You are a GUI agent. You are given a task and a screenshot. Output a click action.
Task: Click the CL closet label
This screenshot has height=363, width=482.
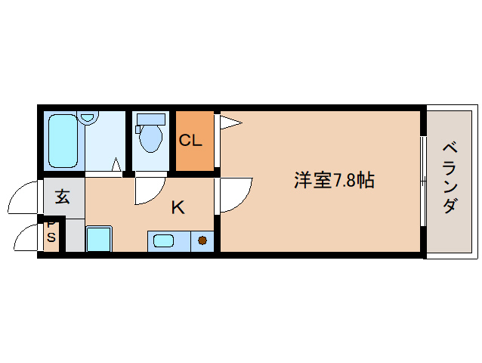pyautogui.click(x=190, y=140)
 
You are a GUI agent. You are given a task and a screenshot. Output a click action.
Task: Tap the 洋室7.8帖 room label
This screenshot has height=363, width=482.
pyautogui.click(x=334, y=180)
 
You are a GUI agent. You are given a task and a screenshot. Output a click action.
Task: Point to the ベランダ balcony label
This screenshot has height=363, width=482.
pyautogui.click(x=450, y=178)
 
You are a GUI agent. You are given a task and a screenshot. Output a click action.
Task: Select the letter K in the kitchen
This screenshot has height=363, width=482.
pyautogui.click(x=178, y=207)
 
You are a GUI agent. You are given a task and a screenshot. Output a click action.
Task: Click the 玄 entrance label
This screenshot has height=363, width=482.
pyautogui.click(x=63, y=197)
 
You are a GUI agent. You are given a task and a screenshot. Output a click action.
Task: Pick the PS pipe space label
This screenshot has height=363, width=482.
pyautogui.click(x=51, y=232)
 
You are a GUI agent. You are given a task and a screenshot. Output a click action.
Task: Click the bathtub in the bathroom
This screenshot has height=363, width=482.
pyautogui.click(x=63, y=141)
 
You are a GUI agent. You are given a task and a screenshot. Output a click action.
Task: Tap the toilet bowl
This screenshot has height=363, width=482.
pyautogui.click(x=150, y=138)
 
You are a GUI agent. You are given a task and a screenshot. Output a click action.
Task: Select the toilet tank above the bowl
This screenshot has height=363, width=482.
pyautogui.click(x=151, y=119)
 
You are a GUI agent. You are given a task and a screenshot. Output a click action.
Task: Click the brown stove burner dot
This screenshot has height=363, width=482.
pyautogui.click(x=202, y=240)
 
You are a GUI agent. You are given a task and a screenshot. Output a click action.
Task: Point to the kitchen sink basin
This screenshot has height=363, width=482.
pyautogui.click(x=163, y=240)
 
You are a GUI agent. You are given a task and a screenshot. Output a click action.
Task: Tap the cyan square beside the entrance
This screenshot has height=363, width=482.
pyautogui.click(x=99, y=239)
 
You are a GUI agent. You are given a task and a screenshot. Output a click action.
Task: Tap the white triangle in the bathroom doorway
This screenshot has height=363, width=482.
pyautogui.click(x=116, y=164)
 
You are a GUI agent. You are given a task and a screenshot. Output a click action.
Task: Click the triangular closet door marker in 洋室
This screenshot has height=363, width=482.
pyautogui.click(x=230, y=123)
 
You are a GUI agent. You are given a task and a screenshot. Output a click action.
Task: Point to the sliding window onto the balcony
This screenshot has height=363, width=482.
pyautogui.click(x=423, y=181)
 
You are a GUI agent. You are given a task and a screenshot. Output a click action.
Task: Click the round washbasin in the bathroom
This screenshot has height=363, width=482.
pyautogui.click(x=88, y=117)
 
